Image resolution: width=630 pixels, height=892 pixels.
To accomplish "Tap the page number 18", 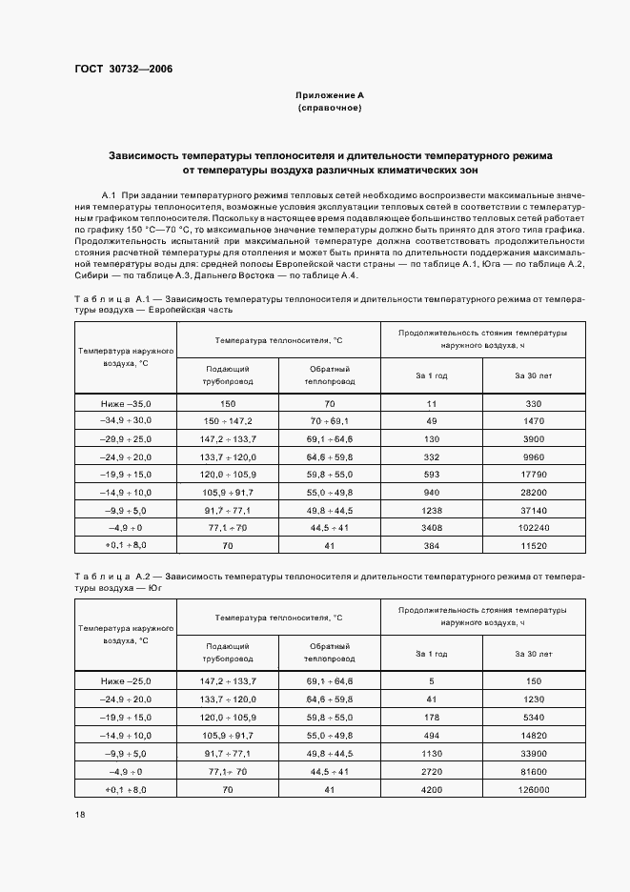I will pyautogui.click(x=79, y=814).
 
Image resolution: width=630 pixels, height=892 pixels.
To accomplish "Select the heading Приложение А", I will pyautogui.click(x=330, y=96).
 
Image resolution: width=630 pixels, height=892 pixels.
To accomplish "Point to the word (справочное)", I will pyautogui.click(x=330, y=109).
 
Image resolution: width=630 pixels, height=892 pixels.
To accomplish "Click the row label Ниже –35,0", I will pyautogui.click(x=126, y=404).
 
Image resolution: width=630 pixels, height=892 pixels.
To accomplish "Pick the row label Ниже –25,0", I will pyautogui.click(x=126, y=680).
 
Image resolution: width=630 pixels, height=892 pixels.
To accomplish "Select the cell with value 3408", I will pyautogui.click(x=432, y=527).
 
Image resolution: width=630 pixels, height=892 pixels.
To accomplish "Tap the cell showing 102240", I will pyautogui.click(x=534, y=527).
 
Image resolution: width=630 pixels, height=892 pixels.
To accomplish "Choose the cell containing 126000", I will pyautogui.click(x=534, y=790).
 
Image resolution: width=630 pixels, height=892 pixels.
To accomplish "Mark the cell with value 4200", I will pyautogui.click(x=432, y=790).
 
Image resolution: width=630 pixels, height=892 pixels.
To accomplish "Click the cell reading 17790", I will pyautogui.click(x=534, y=475).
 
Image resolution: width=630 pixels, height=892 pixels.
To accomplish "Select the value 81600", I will pyautogui.click(x=534, y=772).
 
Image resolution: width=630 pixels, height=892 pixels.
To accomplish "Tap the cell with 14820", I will pyautogui.click(x=534, y=736).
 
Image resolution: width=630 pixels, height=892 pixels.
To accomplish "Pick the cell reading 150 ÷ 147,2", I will pyautogui.click(x=227, y=421).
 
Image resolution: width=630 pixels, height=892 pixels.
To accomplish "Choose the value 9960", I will pyautogui.click(x=534, y=456).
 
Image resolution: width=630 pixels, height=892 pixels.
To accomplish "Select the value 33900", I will pyautogui.click(x=534, y=754).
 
